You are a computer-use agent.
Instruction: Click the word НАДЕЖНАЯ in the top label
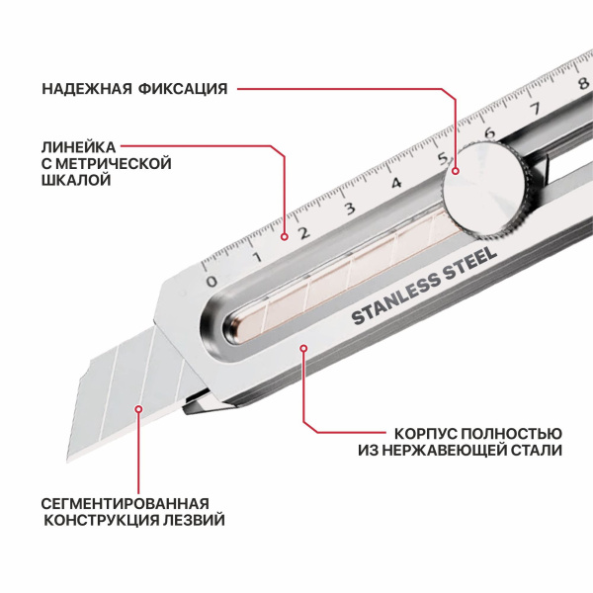87,89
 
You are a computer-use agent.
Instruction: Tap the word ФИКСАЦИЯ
183,89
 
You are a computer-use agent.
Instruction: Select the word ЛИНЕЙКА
79,146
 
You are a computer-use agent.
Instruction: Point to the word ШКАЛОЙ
76,180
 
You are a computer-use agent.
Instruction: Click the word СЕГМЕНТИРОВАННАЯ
126,503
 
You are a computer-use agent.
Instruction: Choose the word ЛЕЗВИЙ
195,520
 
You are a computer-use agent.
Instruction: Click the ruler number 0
212,281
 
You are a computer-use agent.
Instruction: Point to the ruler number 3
350,208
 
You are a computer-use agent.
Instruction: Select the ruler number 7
535,109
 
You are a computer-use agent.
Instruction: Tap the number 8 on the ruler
583,83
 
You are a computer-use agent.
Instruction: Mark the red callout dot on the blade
138,409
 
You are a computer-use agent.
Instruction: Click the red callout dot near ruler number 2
285,237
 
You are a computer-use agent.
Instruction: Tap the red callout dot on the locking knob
456,171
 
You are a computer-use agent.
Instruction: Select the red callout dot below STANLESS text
303,348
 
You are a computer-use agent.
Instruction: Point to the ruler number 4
396,184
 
